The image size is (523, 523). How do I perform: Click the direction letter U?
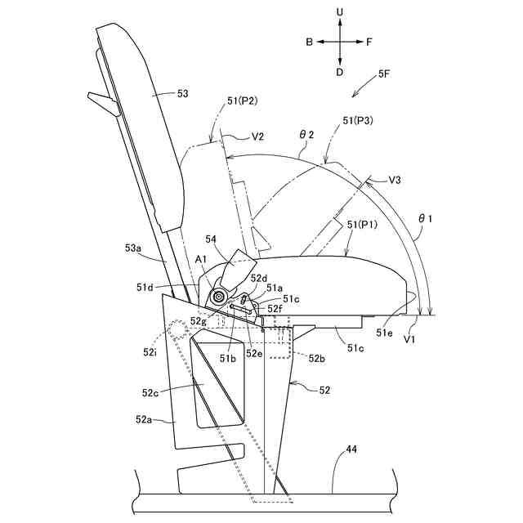point(341,13)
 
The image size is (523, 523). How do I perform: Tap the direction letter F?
point(369,41)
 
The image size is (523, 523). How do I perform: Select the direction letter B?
point(311,41)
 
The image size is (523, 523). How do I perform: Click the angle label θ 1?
point(425,218)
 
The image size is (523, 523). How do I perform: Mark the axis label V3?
point(395,179)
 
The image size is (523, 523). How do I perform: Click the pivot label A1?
point(201,260)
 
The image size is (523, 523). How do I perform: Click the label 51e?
point(385,333)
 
